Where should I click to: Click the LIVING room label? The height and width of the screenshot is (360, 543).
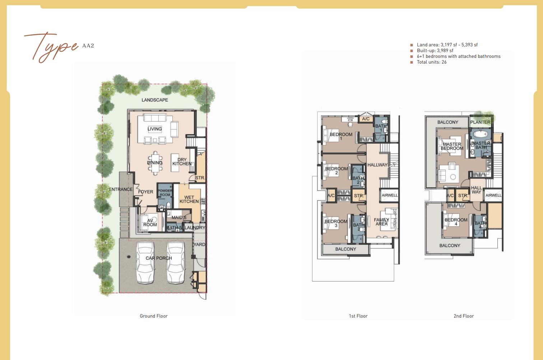click(155, 129)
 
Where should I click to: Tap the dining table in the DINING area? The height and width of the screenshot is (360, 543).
click(155, 163)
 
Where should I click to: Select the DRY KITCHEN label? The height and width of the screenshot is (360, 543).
click(182, 162)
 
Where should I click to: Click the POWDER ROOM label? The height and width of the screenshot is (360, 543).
click(165, 193)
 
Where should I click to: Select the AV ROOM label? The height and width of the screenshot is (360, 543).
click(150, 222)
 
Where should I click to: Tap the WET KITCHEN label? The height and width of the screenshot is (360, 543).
click(189, 199)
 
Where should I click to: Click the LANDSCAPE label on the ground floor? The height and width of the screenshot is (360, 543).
click(155, 100)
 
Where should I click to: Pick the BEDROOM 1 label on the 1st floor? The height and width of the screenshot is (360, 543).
click(341, 136)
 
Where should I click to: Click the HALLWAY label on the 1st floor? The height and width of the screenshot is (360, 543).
click(377, 165)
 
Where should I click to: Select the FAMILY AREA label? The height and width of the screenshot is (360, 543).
click(381, 222)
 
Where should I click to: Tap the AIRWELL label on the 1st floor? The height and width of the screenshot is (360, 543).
click(390, 195)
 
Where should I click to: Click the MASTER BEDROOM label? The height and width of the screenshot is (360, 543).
click(452, 146)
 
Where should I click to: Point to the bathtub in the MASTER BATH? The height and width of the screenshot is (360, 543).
click(480, 134)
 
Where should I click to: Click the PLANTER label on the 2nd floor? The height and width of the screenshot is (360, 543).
click(480, 122)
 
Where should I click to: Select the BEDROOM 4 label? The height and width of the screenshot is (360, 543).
click(456, 222)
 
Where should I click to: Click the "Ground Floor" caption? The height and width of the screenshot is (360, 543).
click(154, 316)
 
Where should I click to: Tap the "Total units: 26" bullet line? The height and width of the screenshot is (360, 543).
click(431, 62)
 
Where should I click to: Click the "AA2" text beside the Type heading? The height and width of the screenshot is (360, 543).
click(88, 46)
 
